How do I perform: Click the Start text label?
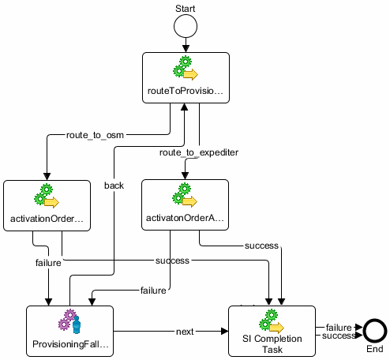click(x=186, y=7)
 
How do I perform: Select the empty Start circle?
click(x=186, y=28)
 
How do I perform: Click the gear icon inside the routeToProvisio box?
click(x=185, y=69)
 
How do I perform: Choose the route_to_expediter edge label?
click(x=198, y=151)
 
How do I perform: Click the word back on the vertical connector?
click(x=114, y=186)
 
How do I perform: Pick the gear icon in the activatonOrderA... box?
click(x=184, y=197)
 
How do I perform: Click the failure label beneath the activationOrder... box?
click(x=49, y=261)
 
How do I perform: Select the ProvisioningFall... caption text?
click(x=69, y=345)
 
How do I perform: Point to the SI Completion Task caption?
click(x=272, y=344)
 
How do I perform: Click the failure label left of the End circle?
click(x=339, y=327)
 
